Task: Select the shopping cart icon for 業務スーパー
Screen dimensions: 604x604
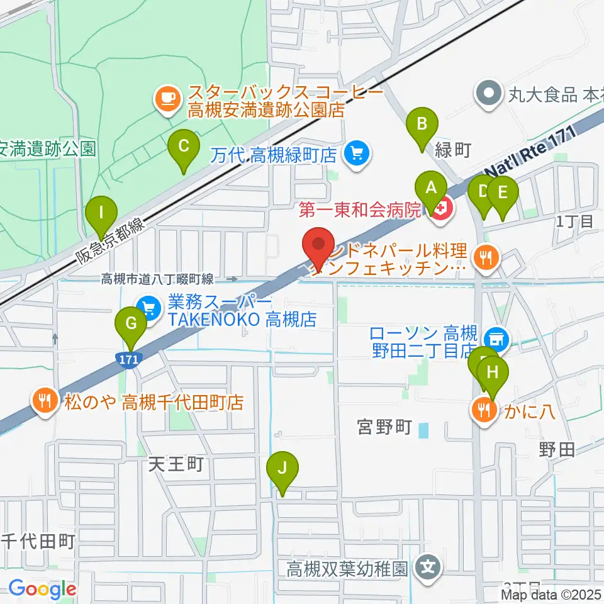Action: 149,308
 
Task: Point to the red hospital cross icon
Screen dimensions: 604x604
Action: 442,210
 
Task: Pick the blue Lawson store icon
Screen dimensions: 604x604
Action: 498,338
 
